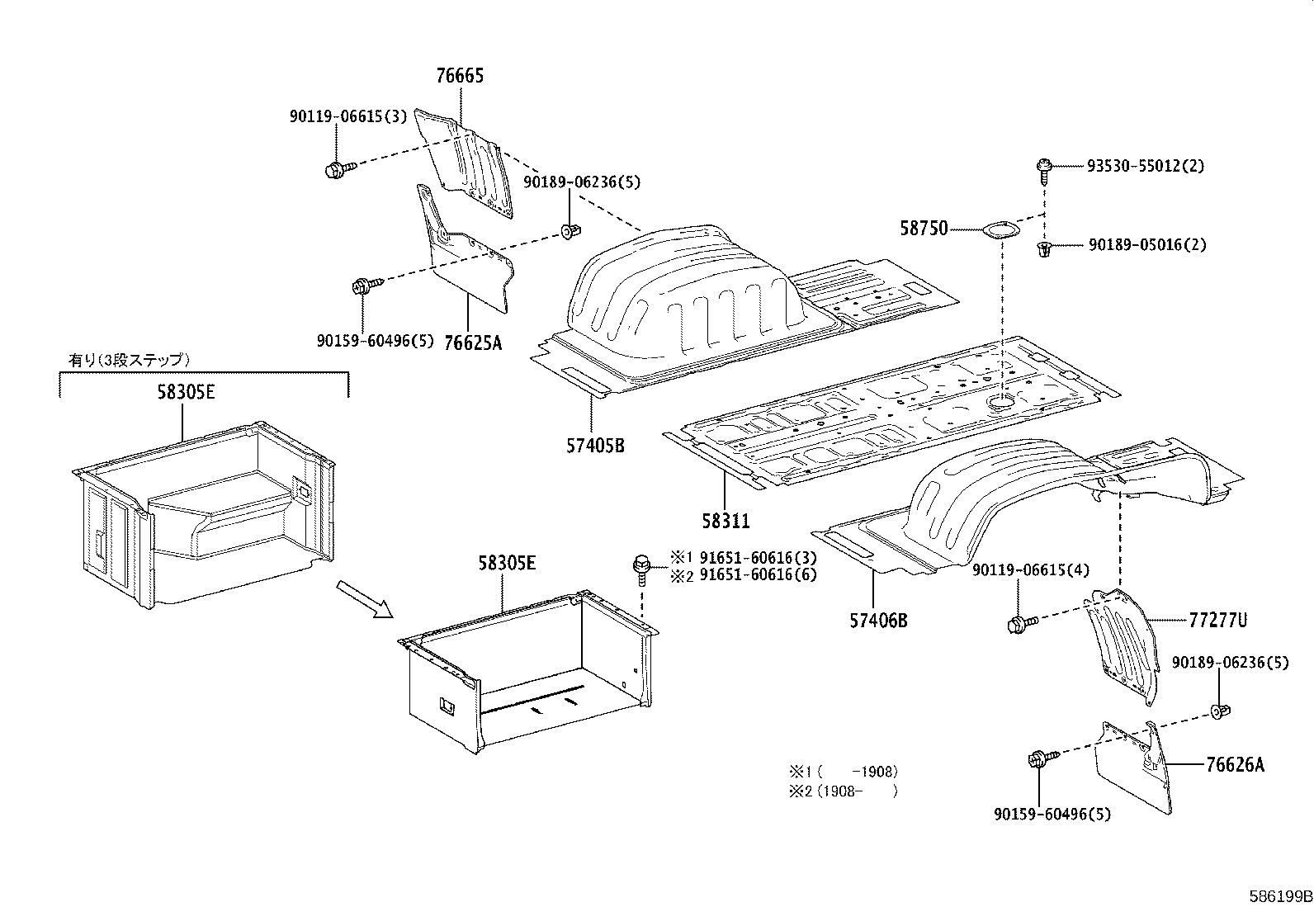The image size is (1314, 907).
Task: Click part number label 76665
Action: [x=460, y=76]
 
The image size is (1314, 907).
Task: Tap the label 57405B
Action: [x=594, y=446]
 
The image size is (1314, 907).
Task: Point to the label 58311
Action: [x=726, y=521]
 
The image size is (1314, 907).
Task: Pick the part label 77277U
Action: [x=1217, y=620]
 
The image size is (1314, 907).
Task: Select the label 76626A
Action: [x=1234, y=764]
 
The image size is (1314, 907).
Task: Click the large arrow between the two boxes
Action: [x=364, y=598]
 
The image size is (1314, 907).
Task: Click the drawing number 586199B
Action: [x=1279, y=895]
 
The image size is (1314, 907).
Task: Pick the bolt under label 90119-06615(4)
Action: [x=1017, y=625]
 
